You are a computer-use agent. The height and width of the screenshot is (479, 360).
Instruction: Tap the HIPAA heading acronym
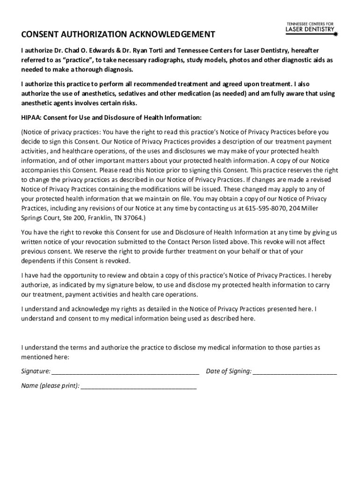coord(31,117)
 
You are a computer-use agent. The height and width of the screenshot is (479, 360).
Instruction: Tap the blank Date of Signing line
coord(295,372)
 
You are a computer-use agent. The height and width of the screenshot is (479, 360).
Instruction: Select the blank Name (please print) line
coord(138,387)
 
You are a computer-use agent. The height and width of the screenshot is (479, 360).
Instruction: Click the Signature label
coord(36,371)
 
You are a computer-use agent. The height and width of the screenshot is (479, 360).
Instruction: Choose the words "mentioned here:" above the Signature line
coord(45,357)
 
